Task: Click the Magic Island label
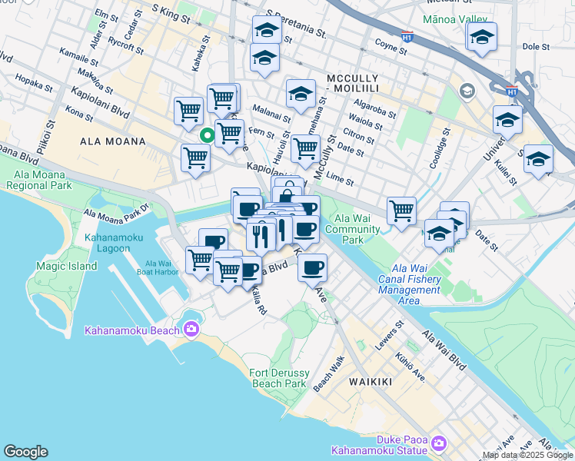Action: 66,266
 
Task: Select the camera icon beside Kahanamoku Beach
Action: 191,330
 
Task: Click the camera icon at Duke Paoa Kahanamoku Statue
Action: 439,443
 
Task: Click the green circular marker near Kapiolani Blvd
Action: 207,137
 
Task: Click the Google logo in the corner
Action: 25,452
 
